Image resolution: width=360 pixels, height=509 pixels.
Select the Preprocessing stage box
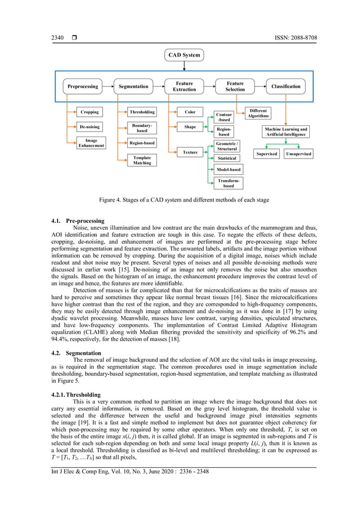point(82,86)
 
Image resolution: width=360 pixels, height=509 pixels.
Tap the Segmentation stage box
point(134,86)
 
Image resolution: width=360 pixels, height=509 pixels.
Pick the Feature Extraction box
point(184,86)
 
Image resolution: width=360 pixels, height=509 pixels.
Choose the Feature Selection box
point(235,86)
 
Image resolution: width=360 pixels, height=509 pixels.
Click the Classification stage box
point(286,86)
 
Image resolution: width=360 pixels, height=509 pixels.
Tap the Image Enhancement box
point(91,143)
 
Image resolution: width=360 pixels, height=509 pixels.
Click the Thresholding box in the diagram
point(142,112)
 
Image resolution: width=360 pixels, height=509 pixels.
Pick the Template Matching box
point(142,160)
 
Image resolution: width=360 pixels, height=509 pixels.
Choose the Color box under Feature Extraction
point(190,112)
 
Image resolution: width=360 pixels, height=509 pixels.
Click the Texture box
point(190,152)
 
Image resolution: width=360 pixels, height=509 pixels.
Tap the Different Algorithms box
point(258,113)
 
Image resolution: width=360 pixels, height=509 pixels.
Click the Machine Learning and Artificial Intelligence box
point(286,132)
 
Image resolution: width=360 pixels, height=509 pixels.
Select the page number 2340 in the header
point(58,38)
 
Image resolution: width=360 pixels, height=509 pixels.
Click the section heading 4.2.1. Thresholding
point(76,394)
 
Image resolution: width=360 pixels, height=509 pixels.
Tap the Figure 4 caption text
point(184,200)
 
